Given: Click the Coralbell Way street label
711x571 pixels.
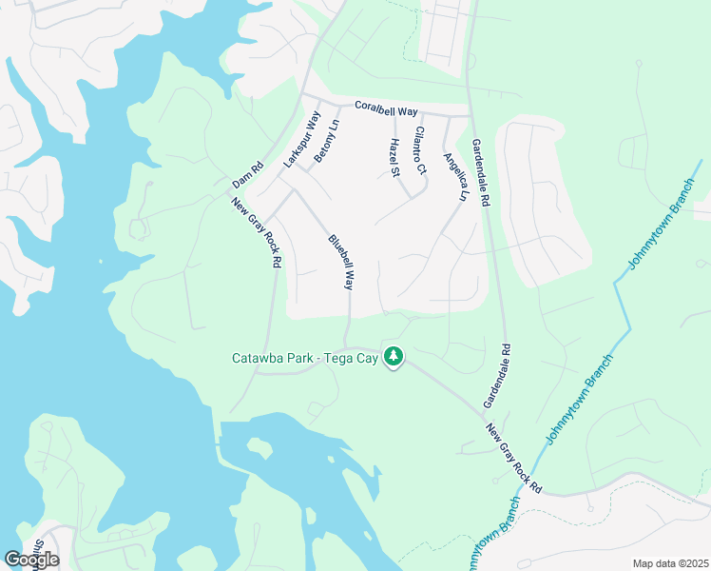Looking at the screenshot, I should (x=386, y=110).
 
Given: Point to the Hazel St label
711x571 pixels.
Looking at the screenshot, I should (x=394, y=157).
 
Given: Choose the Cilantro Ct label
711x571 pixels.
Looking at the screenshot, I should (x=418, y=151).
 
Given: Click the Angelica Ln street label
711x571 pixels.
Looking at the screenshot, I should (x=455, y=176).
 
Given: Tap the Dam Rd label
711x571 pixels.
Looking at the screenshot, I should (x=246, y=176).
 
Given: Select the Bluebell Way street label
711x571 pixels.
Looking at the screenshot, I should (x=341, y=262).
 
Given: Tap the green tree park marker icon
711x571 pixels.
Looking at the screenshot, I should (x=394, y=358).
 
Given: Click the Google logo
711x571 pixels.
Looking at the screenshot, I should (x=31, y=560).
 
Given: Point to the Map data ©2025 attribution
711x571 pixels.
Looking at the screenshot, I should (x=670, y=563).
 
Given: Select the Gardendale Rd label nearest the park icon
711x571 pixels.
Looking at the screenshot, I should (x=498, y=376).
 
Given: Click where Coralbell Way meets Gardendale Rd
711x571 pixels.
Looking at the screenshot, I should (x=471, y=116).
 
